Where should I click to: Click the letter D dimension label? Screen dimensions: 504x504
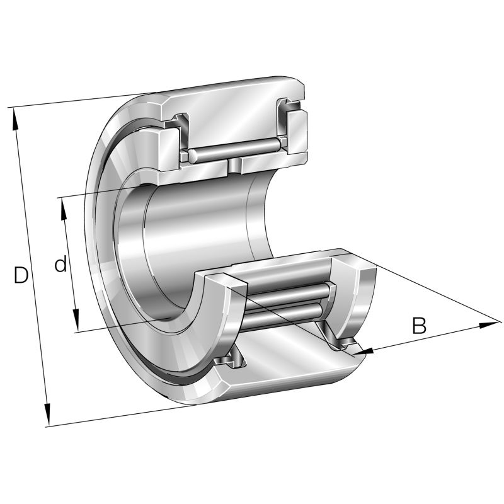21,275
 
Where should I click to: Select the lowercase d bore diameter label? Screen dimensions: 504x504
60,265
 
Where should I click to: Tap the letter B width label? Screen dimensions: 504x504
419,326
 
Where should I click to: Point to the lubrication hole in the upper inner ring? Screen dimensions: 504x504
234,166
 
